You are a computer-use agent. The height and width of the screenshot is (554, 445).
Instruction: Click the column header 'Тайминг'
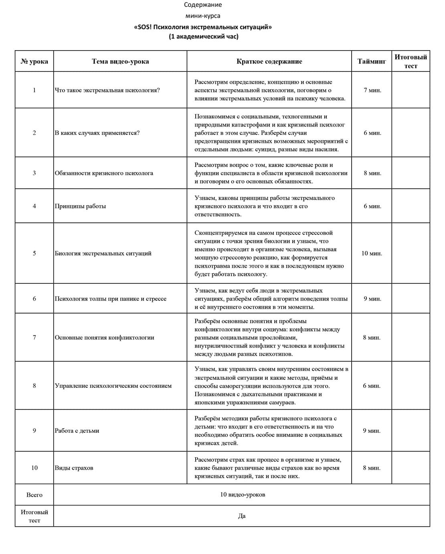372,61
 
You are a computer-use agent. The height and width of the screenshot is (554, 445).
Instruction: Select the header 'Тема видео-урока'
120,61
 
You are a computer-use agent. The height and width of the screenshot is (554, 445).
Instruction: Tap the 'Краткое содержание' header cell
269,61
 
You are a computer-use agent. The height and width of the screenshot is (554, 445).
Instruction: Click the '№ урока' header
34,61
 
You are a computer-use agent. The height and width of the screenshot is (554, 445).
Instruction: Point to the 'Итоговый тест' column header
411,61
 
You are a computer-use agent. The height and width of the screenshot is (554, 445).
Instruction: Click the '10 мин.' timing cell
372,253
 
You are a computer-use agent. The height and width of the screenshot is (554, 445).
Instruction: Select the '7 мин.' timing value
372,90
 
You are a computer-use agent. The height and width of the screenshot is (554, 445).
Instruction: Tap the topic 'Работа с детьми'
77,431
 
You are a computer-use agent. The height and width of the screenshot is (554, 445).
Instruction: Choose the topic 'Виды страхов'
74,468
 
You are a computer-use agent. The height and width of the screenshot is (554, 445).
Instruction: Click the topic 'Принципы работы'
80,206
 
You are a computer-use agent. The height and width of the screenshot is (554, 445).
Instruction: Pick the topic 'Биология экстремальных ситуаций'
103,253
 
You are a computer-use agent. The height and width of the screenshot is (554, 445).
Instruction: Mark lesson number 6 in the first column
34,299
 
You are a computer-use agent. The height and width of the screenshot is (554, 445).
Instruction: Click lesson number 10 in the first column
34,468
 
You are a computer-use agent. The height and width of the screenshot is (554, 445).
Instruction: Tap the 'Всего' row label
34,495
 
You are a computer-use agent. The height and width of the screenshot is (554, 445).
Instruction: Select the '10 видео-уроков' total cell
242,495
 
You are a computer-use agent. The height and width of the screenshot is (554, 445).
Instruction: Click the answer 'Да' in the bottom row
241,516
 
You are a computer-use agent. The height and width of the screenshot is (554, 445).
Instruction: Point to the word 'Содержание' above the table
203,5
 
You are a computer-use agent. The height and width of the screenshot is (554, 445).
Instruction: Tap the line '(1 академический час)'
203,37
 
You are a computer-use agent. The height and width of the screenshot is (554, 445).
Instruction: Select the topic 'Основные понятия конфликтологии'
104,338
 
